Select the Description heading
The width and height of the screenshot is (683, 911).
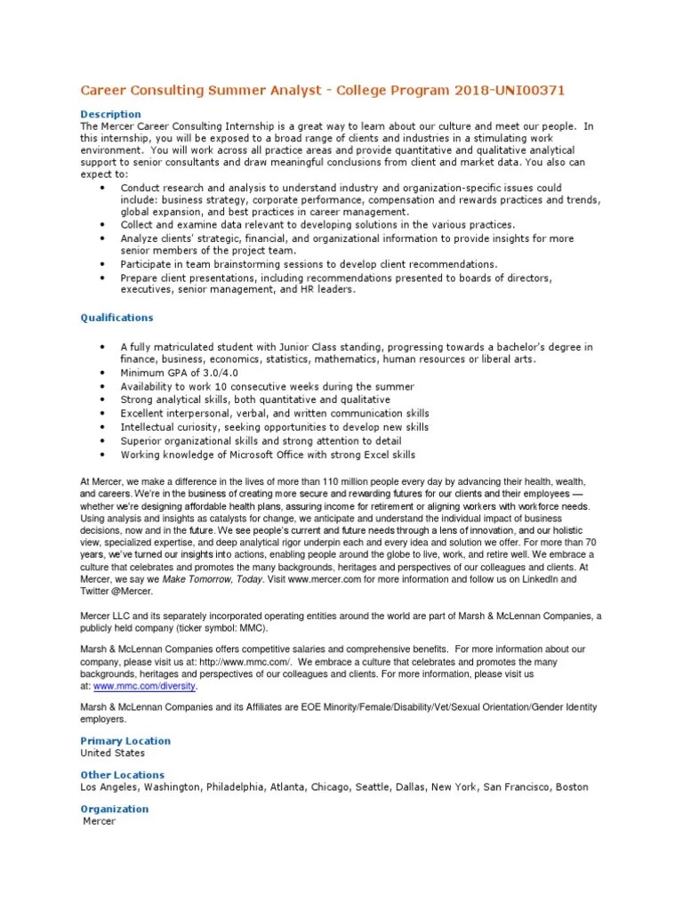(110, 114)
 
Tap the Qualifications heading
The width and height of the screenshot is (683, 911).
(117, 318)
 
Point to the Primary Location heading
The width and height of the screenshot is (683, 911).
(125, 741)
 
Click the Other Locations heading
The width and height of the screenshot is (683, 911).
(123, 775)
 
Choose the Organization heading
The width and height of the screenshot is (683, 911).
(115, 809)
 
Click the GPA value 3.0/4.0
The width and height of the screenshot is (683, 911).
(200, 374)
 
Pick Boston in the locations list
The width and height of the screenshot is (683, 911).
(571, 787)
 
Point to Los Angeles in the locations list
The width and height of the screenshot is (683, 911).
(108, 787)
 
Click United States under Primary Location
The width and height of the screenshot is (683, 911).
(113, 753)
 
